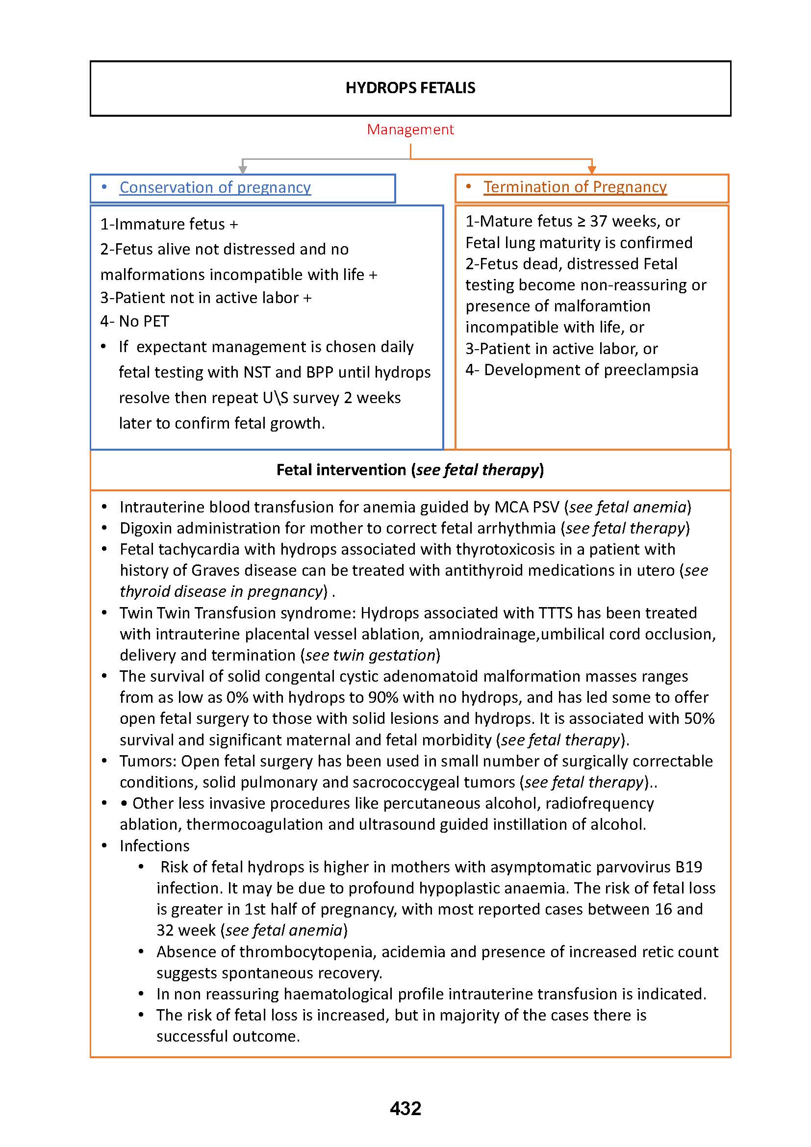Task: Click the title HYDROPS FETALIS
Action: click(x=410, y=88)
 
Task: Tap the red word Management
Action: click(x=410, y=129)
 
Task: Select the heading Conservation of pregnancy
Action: click(x=215, y=187)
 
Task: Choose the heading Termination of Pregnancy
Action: click(x=575, y=187)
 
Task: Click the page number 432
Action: click(x=405, y=1109)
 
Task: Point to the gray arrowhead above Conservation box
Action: click(x=243, y=169)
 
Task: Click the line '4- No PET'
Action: click(x=135, y=321)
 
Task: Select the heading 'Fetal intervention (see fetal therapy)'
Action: click(x=410, y=470)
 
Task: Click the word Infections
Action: click(x=154, y=846)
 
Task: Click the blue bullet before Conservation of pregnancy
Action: click(x=104, y=187)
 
